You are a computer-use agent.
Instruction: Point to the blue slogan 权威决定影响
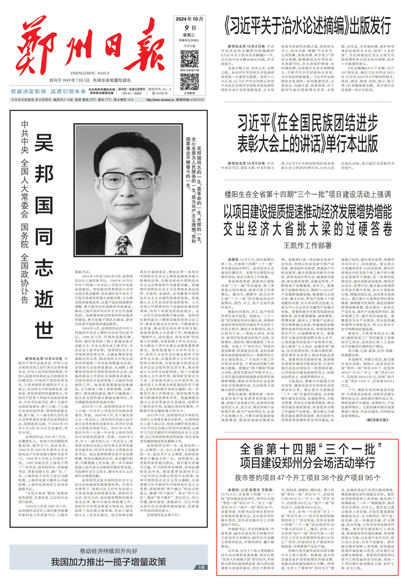[35, 91]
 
